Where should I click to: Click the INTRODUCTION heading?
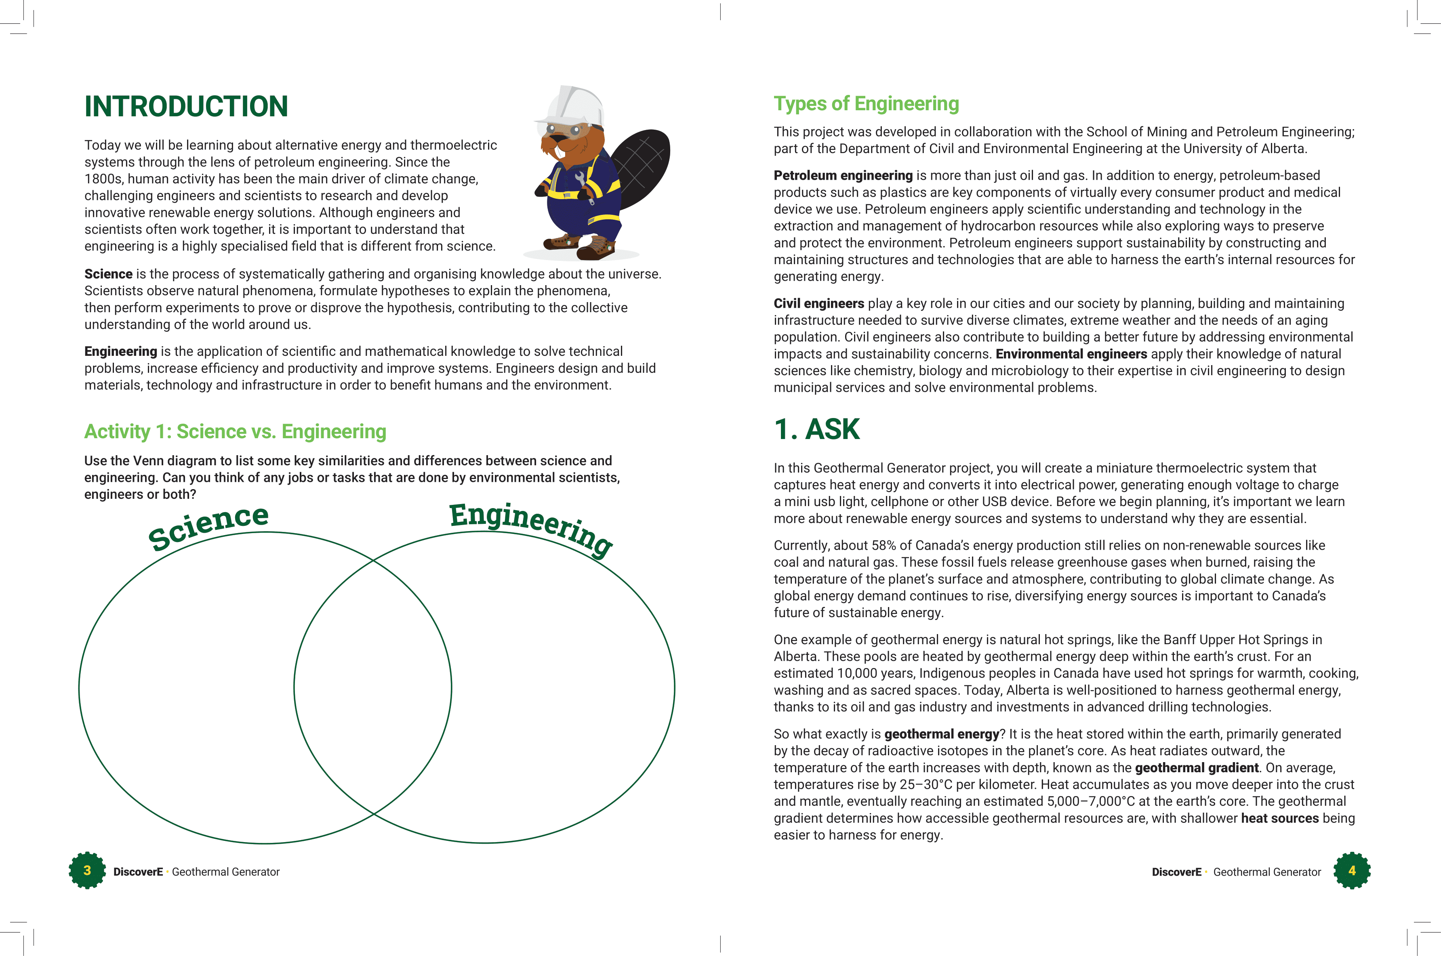click(186, 107)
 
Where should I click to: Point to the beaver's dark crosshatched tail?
click(640, 162)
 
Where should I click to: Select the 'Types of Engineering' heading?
click(866, 104)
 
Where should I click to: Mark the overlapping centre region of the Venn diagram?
click(372, 688)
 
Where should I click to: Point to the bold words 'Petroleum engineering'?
click(843, 176)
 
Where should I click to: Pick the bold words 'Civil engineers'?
click(818, 304)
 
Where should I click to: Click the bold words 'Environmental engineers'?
click(1071, 354)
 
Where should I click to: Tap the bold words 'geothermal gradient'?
click(1197, 768)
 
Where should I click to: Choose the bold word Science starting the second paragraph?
click(108, 274)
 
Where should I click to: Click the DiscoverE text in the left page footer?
click(138, 872)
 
